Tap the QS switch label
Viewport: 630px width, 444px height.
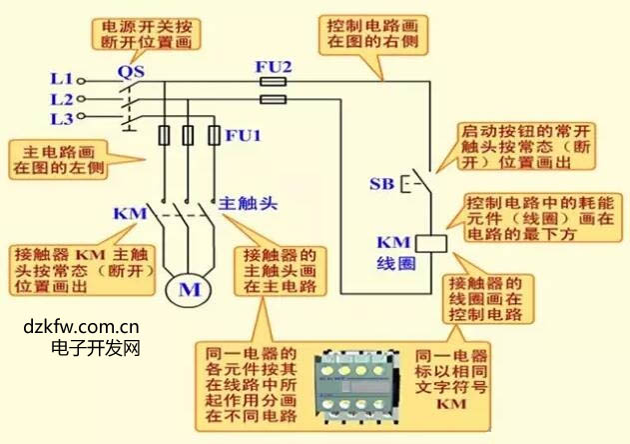(x=132, y=71)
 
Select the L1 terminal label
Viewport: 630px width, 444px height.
(x=60, y=78)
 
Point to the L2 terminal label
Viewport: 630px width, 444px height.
(x=60, y=99)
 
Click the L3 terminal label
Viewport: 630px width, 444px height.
(x=60, y=119)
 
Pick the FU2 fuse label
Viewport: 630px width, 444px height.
(x=273, y=67)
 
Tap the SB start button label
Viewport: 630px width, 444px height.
(x=380, y=184)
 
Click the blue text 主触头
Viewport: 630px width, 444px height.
(x=250, y=203)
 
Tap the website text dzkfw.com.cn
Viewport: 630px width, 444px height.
(x=81, y=326)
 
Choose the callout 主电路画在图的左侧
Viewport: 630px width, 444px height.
(x=58, y=161)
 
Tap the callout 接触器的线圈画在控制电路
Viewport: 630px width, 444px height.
(x=485, y=298)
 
